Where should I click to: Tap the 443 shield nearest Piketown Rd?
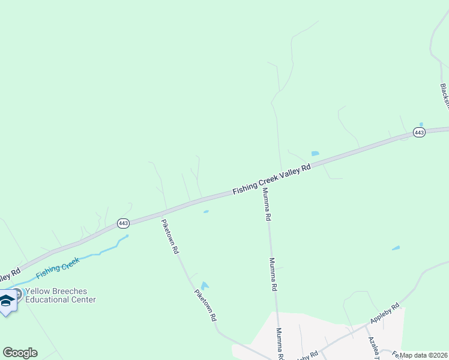[123, 223]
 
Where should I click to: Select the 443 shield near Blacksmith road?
[419, 132]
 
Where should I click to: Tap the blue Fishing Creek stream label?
[58, 268]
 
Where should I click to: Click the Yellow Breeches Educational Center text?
[60, 295]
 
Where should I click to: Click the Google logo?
[20, 353]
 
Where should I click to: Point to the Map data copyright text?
[423, 355]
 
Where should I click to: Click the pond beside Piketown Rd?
[205, 286]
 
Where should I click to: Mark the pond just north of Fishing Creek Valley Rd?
[315, 154]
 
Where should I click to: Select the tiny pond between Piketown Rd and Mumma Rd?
[206, 211]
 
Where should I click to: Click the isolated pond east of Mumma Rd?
[396, 248]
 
